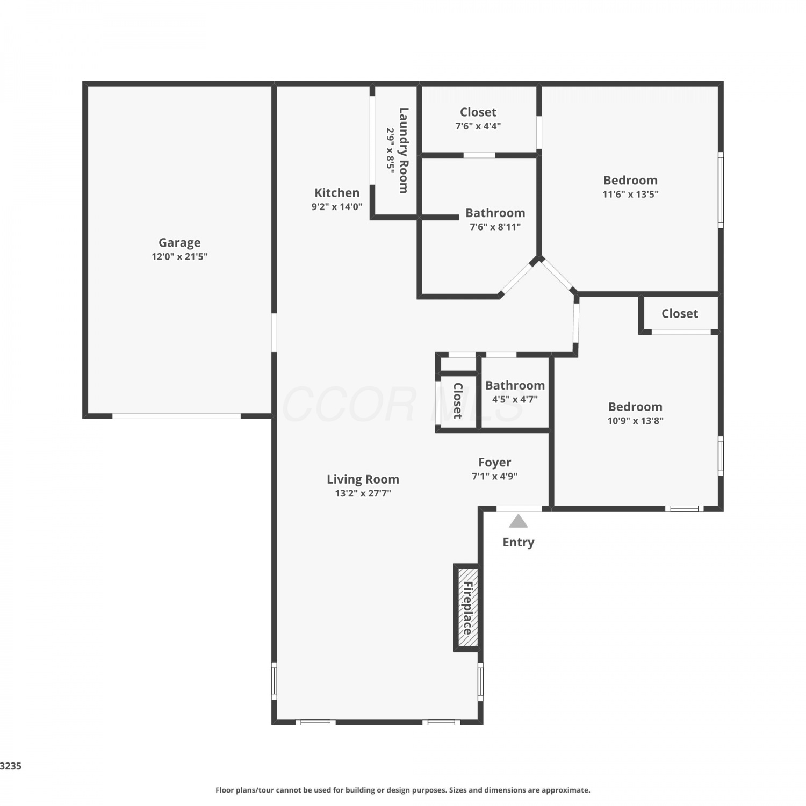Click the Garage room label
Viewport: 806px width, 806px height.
(179, 243)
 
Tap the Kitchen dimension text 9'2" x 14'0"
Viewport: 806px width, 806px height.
(337, 207)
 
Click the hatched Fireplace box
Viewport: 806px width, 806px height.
(467, 608)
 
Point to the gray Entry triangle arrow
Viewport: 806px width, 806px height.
(518, 521)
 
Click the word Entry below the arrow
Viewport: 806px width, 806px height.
(518, 542)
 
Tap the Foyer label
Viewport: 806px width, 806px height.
(494, 463)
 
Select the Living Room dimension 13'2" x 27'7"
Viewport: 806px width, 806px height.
(363, 493)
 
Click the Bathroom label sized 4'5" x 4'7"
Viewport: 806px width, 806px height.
(515, 385)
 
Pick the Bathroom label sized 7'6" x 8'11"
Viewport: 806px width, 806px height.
(495, 213)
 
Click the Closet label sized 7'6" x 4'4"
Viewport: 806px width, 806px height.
(478, 112)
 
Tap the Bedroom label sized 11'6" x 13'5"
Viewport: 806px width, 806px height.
(630, 181)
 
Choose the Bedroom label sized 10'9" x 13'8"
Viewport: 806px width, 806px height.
(635, 407)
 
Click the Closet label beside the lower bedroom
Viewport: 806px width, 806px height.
(680, 314)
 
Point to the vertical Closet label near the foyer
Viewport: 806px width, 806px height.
(458, 400)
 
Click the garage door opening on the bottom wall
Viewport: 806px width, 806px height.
(176, 416)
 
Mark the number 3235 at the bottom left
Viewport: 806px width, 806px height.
(11, 766)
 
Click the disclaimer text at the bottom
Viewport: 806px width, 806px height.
(403, 790)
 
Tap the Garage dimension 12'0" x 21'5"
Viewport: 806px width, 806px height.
(179, 257)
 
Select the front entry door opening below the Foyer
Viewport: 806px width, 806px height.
(519, 508)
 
